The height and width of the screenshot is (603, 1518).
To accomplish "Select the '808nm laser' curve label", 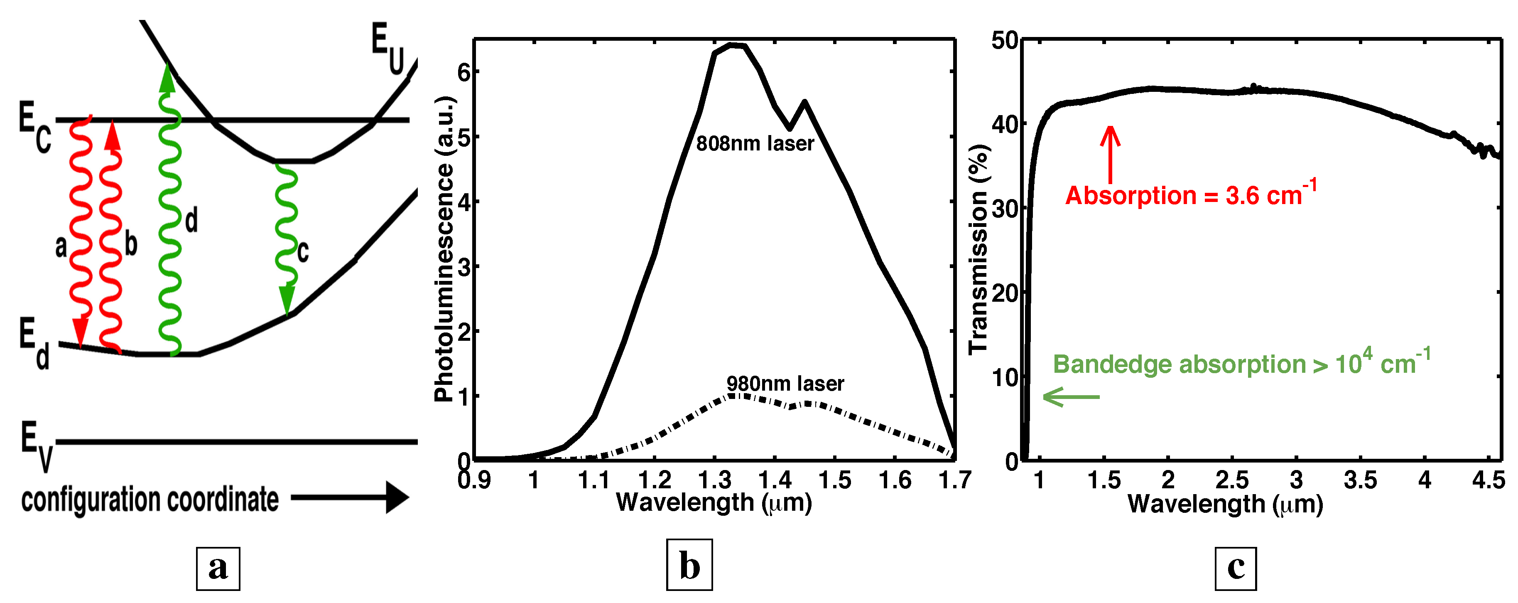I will (x=755, y=143).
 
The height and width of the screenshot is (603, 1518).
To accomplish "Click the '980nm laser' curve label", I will (x=785, y=384).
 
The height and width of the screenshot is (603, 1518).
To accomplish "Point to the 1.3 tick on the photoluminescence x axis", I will (x=714, y=480).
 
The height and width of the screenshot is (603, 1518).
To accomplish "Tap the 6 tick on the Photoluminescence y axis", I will (x=464, y=72).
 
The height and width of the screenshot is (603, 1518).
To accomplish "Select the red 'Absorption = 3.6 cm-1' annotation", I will (x=1190, y=194).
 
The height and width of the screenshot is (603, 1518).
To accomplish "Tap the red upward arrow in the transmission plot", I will (x=1110, y=153).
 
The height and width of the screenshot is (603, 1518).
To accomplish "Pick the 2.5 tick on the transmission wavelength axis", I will (x=1231, y=480).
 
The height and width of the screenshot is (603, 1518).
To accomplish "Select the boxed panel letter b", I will (x=689, y=566).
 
